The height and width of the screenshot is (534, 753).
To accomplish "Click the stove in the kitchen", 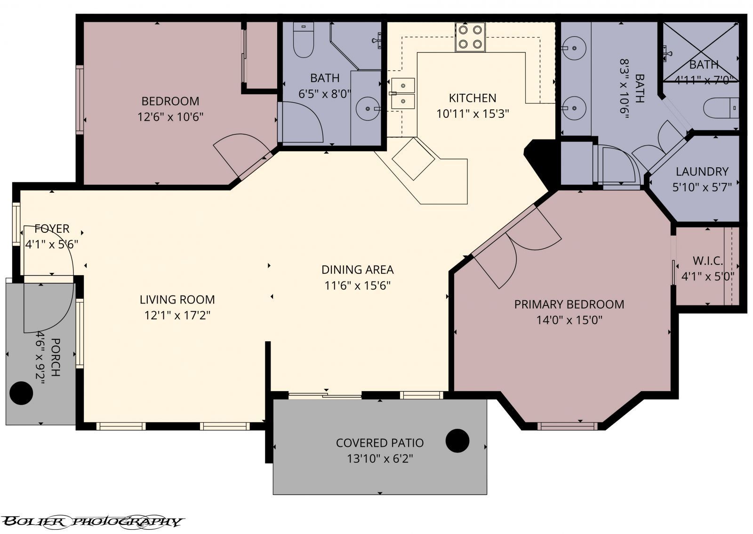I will pos(470,37).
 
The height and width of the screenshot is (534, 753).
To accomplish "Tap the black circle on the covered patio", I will pos(457,441).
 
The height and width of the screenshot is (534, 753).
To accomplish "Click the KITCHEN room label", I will pos(473,98).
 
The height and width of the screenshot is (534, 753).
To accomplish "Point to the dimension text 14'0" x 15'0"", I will pos(569,320).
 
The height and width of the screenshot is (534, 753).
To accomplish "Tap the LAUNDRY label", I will pos(702,172).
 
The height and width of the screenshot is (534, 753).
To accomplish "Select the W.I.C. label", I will pos(707,261).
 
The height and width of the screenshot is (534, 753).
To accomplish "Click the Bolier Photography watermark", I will pos(92,521).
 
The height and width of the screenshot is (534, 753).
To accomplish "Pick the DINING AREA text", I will pos(357,270).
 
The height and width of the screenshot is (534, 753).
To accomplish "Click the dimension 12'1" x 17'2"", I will pos(177,315).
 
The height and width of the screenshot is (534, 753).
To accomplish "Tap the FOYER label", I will pos(52,229).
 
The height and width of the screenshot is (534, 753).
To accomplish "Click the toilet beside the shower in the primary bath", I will pos(720,108).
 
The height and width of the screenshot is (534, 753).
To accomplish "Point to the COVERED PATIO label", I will pos(380,443).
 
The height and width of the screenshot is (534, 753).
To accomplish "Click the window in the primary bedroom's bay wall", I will pos(567,426).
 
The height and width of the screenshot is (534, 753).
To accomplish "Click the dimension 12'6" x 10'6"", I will pos(170,116).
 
